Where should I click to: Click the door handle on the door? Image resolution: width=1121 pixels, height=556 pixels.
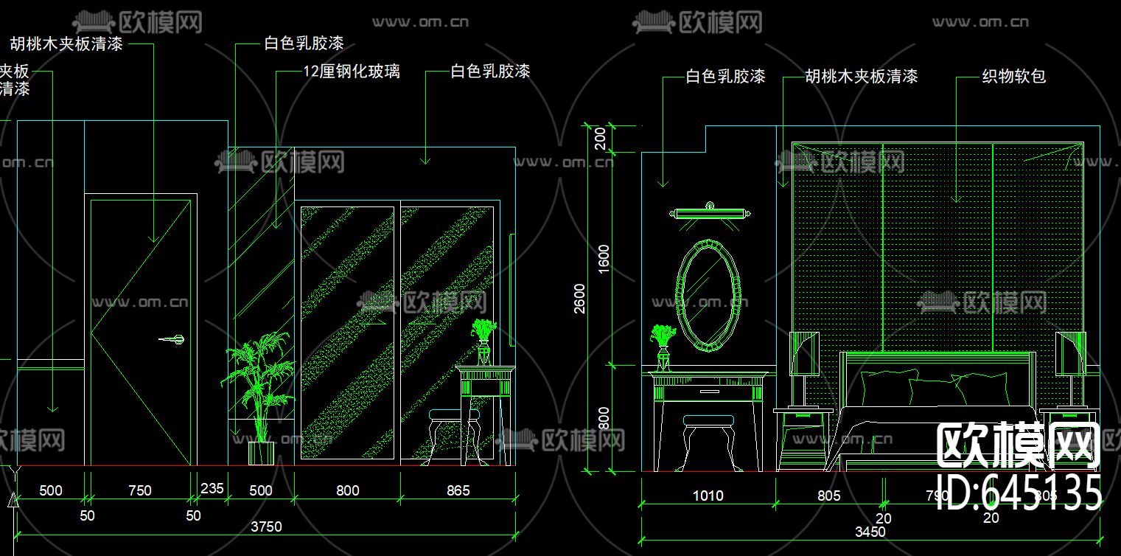tap(172, 339)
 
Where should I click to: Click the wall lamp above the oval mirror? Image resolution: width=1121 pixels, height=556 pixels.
tap(710, 213)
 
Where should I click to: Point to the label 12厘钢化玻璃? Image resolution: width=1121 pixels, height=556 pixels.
tap(352, 72)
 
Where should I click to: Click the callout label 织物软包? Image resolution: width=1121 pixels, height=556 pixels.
tap(1013, 76)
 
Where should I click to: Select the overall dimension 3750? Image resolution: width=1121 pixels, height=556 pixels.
tap(266, 527)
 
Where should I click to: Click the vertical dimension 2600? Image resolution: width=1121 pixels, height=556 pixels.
tap(580, 298)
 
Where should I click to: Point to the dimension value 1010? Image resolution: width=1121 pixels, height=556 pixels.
tap(708, 496)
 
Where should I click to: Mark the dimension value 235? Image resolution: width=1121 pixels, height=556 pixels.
tap(212, 490)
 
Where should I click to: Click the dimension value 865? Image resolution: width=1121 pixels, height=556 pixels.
tap(458, 490)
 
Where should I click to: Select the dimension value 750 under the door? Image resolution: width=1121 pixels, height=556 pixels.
tap(139, 490)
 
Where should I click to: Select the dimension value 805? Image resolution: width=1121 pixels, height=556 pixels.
tap(828, 496)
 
